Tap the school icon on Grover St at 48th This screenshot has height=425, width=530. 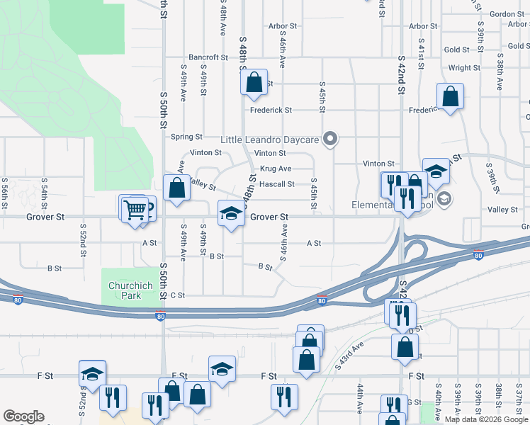(x=230, y=213)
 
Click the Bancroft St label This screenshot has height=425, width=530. (x=208, y=57)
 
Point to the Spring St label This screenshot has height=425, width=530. (x=186, y=137)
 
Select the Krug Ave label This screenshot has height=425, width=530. (x=276, y=169)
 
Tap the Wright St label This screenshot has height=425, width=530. (x=464, y=68)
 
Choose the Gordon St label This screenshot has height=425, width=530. (x=507, y=14)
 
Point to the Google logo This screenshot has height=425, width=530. (x=23, y=416)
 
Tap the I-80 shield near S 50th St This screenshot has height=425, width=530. (x=161, y=317)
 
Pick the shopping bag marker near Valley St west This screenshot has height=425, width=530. (x=176, y=188)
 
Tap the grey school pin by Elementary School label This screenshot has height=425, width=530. (x=444, y=198)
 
